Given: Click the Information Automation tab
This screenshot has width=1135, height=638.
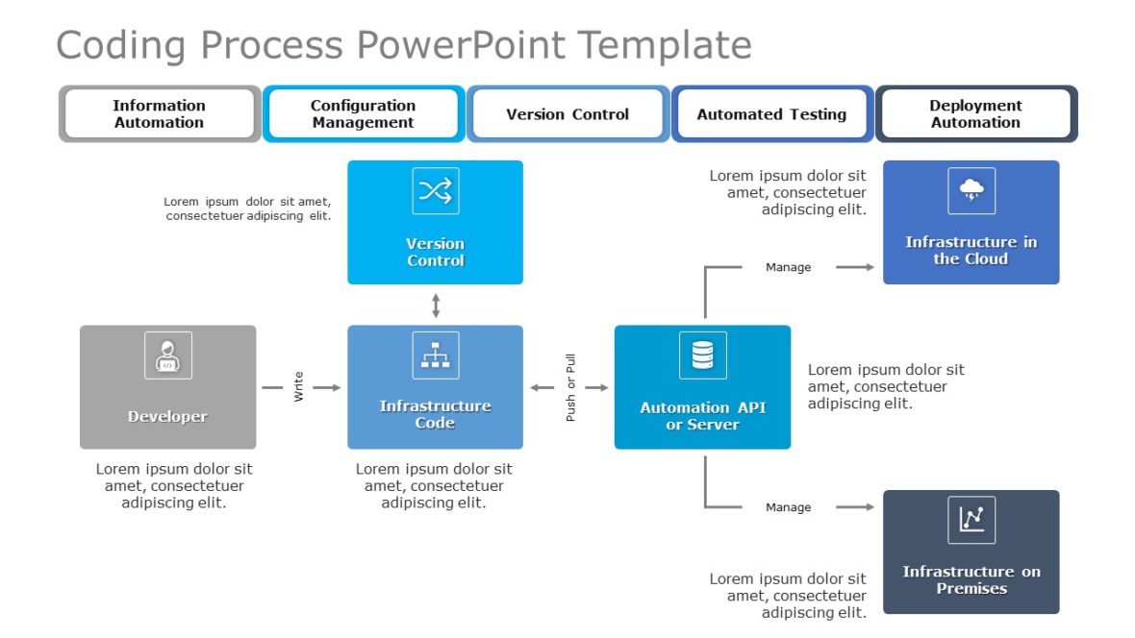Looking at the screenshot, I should [x=160, y=113].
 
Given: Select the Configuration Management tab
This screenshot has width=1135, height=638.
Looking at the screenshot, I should [x=364, y=113].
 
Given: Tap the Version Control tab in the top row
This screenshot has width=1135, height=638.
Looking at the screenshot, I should [x=567, y=113].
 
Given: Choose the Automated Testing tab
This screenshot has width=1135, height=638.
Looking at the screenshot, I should [x=771, y=113].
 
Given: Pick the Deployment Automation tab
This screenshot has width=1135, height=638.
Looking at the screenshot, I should [x=975, y=113].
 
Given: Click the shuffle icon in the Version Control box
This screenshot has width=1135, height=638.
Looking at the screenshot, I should [x=435, y=190].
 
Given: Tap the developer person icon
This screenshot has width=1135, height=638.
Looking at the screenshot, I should [x=167, y=356].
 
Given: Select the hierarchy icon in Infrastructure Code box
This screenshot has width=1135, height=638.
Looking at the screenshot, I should [x=435, y=356].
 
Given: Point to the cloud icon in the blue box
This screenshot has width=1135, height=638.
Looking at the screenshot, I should [x=971, y=190].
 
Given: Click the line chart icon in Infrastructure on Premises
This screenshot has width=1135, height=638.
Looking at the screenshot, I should [x=971, y=520].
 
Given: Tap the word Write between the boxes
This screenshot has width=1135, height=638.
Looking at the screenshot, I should [x=298, y=387].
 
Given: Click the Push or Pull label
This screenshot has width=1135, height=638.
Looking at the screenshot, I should [x=570, y=387].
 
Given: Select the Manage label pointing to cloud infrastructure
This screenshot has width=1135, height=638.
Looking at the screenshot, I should [x=788, y=267].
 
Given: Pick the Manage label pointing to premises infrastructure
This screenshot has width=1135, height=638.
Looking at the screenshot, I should [x=788, y=507].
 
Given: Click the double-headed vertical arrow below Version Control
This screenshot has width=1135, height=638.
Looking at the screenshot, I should [x=436, y=306].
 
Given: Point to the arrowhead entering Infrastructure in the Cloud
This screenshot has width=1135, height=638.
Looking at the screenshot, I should [x=869, y=267].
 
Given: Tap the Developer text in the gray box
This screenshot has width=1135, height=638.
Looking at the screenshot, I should [x=167, y=417].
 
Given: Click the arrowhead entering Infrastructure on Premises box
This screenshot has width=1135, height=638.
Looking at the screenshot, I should [x=869, y=507].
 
